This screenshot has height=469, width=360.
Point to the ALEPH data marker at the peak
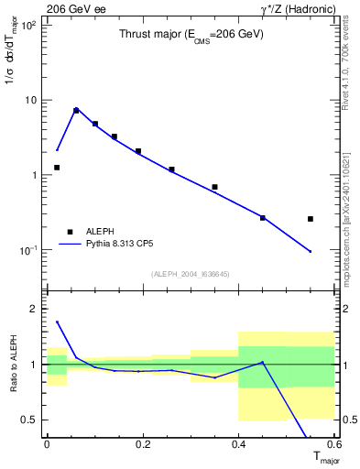[x=76, y=110]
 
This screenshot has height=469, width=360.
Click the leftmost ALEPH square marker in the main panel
[x=57, y=168]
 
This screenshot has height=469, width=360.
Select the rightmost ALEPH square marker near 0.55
[x=311, y=219]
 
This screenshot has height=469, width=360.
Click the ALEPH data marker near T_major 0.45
[x=263, y=217]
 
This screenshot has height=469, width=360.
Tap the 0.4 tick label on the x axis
[x=238, y=444]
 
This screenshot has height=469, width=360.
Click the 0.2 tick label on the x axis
[x=142, y=444]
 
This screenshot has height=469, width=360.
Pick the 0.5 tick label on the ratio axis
[x=29, y=420]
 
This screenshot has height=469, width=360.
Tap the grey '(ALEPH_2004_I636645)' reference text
[x=191, y=274]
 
